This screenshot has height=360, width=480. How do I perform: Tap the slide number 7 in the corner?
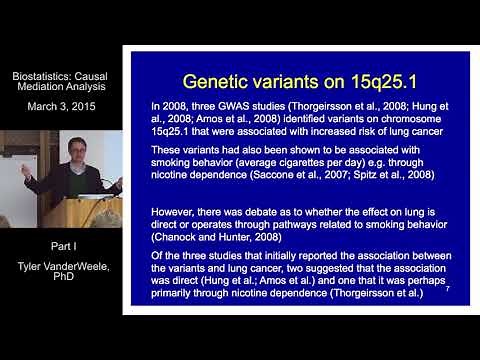pos(447,289)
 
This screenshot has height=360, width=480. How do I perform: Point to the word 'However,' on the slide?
pos(172,212)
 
